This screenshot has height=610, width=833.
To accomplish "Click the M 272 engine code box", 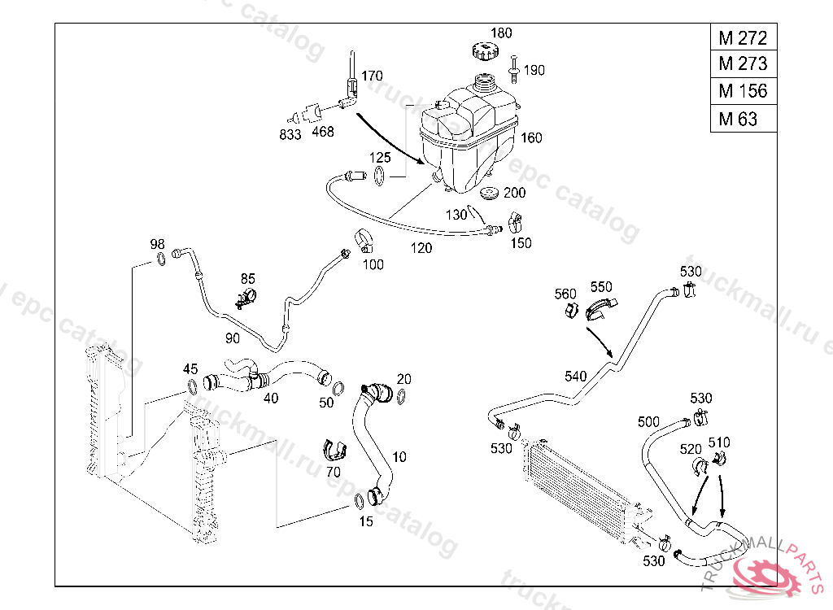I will (743, 37).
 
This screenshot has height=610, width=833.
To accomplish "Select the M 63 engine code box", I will (743, 119).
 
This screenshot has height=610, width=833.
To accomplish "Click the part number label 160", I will (531, 138).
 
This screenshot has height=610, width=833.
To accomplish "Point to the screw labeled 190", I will (515, 68).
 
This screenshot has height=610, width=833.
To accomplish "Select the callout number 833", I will (290, 133).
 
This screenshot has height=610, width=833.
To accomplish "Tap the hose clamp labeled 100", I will (364, 242).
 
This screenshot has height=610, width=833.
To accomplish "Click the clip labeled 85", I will (246, 298).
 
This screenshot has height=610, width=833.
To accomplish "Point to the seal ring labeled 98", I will (162, 259).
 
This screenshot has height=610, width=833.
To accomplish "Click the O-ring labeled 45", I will (191, 386).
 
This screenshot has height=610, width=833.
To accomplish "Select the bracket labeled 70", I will (334, 449).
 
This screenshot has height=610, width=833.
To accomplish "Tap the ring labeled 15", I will (360, 500).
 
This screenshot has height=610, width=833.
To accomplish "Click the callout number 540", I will (575, 376).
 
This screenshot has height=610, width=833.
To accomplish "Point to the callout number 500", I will (648, 421).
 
